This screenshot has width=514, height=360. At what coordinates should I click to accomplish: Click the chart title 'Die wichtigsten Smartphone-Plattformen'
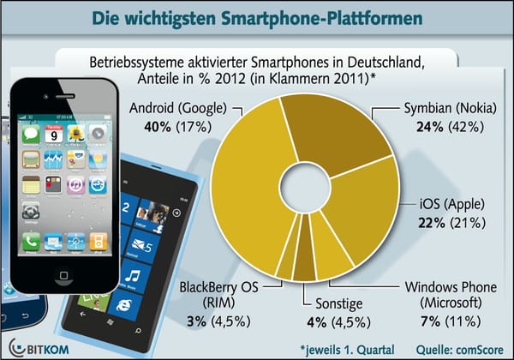(x=257, y=17)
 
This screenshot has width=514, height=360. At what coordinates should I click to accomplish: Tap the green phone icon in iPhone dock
(x=31, y=243)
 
